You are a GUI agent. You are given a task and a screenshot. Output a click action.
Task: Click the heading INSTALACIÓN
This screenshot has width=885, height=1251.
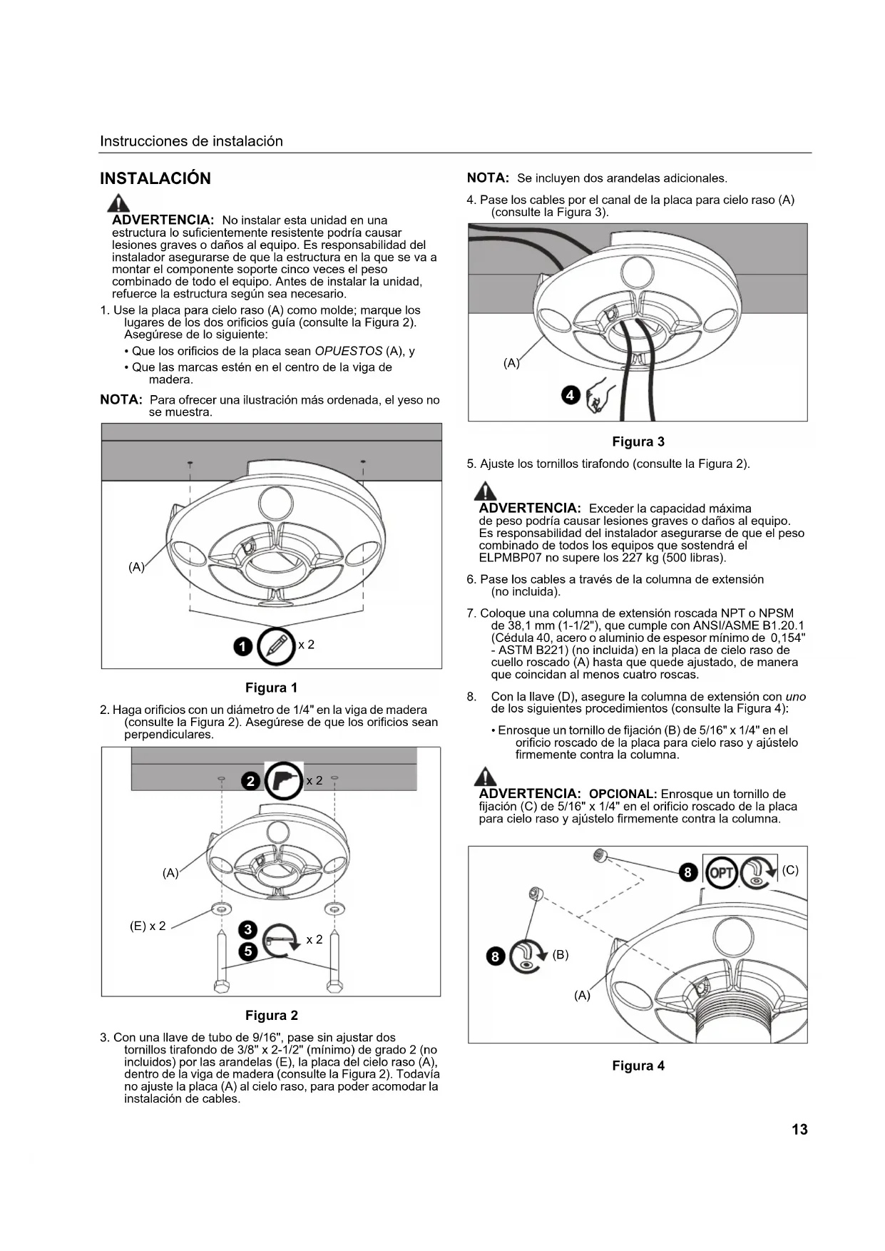[x=155, y=178]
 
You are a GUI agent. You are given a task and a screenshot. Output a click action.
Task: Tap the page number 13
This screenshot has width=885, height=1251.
[x=799, y=1129]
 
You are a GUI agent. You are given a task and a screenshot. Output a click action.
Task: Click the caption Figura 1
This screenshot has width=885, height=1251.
[x=271, y=688]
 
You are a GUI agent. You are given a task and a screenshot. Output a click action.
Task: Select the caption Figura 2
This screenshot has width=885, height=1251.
[x=271, y=1015]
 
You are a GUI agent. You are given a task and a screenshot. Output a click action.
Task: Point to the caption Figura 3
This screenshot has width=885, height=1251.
[x=638, y=441]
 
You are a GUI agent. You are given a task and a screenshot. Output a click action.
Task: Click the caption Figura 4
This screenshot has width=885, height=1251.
[x=638, y=1066]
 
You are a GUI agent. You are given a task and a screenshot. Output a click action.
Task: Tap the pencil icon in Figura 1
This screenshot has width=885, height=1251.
[x=276, y=645]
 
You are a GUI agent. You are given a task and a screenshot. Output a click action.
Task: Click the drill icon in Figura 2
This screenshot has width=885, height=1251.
[x=284, y=781]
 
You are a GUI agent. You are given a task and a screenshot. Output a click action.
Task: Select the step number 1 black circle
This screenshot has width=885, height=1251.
[x=243, y=646]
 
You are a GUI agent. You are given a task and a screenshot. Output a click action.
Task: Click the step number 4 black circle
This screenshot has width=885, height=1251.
[x=571, y=395]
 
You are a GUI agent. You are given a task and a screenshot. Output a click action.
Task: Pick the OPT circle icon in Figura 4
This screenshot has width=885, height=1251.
[x=720, y=872]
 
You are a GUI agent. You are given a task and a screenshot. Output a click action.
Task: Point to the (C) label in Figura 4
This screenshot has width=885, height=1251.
[x=790, y=870]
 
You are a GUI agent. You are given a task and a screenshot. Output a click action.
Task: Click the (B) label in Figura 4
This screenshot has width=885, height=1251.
[x=561, y=954]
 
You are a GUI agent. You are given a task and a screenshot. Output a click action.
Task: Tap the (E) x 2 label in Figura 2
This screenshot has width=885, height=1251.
[x=148, y=926]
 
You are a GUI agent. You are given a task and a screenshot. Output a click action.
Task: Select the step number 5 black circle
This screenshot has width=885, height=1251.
[x=247, y=951]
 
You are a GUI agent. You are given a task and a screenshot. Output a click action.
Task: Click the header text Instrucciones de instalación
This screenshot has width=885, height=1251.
[x=191, y=141]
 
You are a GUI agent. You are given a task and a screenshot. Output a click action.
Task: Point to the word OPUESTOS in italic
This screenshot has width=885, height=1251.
[x=348, y=351]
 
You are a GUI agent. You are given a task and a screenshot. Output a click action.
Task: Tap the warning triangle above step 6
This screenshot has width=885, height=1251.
[x=486, y=491]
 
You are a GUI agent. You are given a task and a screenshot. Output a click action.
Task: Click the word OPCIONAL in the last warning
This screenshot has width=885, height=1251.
[x=622, y=794]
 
